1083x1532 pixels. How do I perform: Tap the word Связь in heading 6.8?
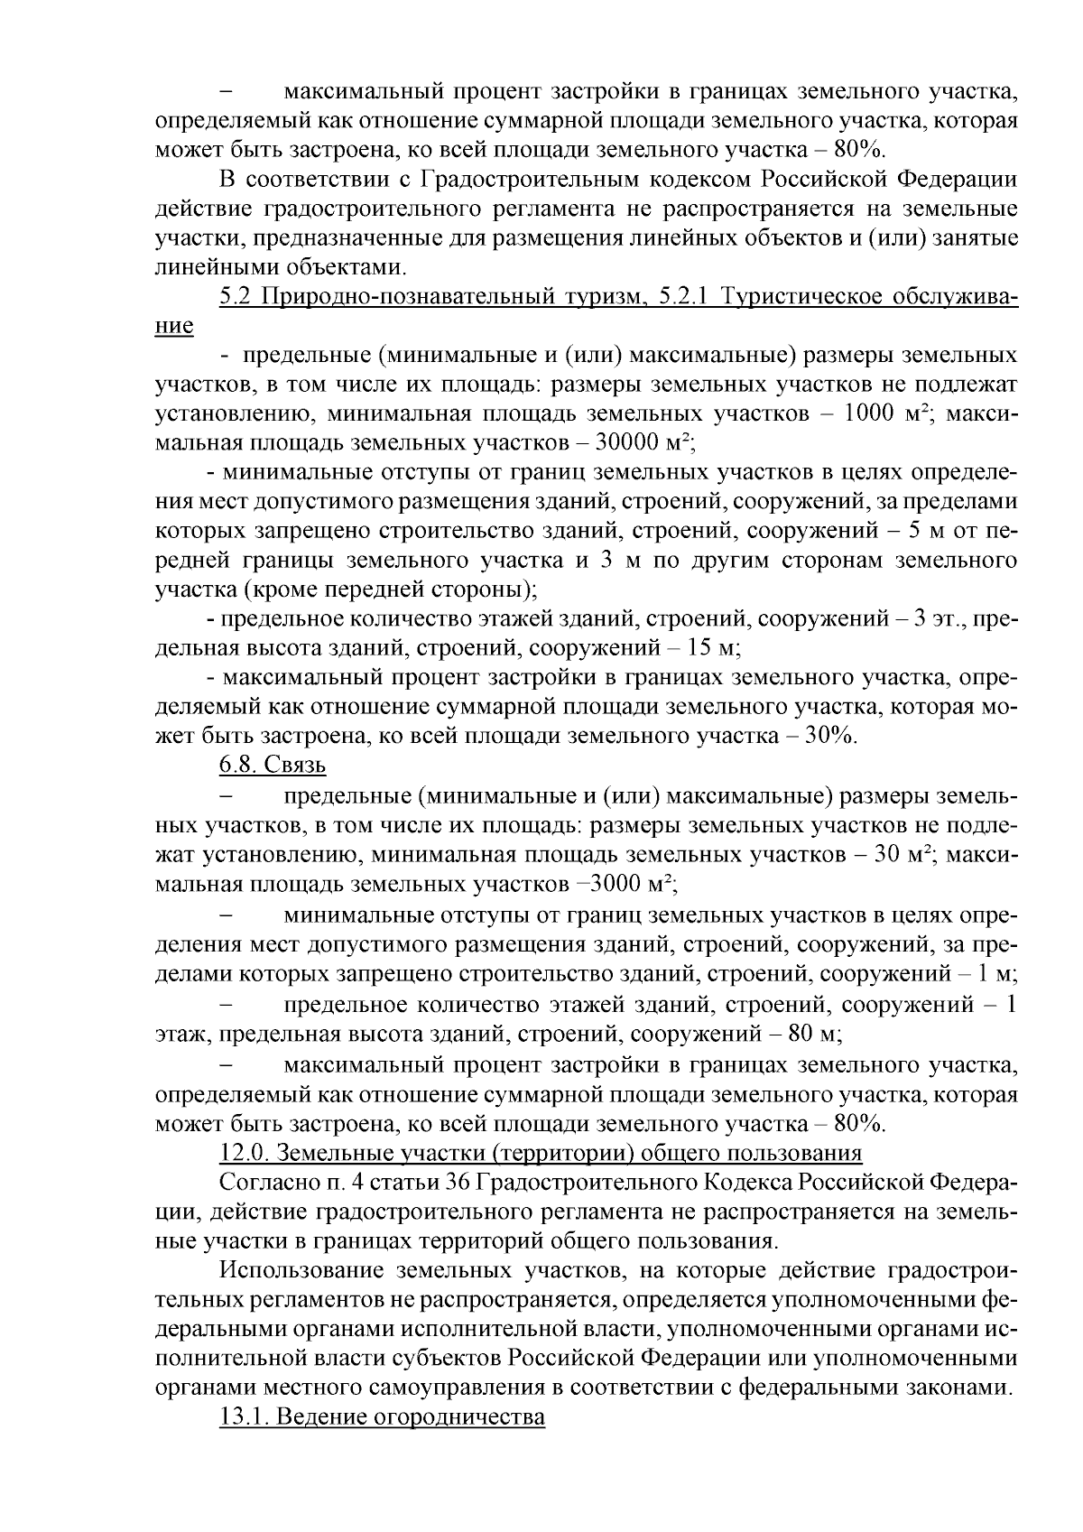pos(295,766)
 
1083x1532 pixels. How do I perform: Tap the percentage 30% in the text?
pos(828,736)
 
